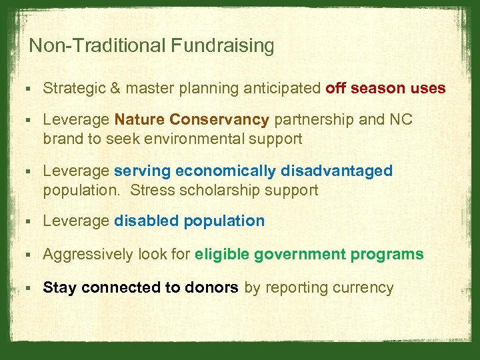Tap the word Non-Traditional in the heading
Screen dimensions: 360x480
click(x=98, y=46)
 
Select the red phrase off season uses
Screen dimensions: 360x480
click(x=385, y=89)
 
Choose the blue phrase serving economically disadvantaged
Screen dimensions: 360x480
click(x=253, y=171)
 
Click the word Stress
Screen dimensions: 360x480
click(x=151, y=190)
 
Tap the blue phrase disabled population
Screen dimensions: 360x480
click(x=189, y=221)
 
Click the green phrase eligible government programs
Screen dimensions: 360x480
click(x=309, y=255)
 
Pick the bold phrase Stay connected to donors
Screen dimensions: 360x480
click(x=141, y=288)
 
